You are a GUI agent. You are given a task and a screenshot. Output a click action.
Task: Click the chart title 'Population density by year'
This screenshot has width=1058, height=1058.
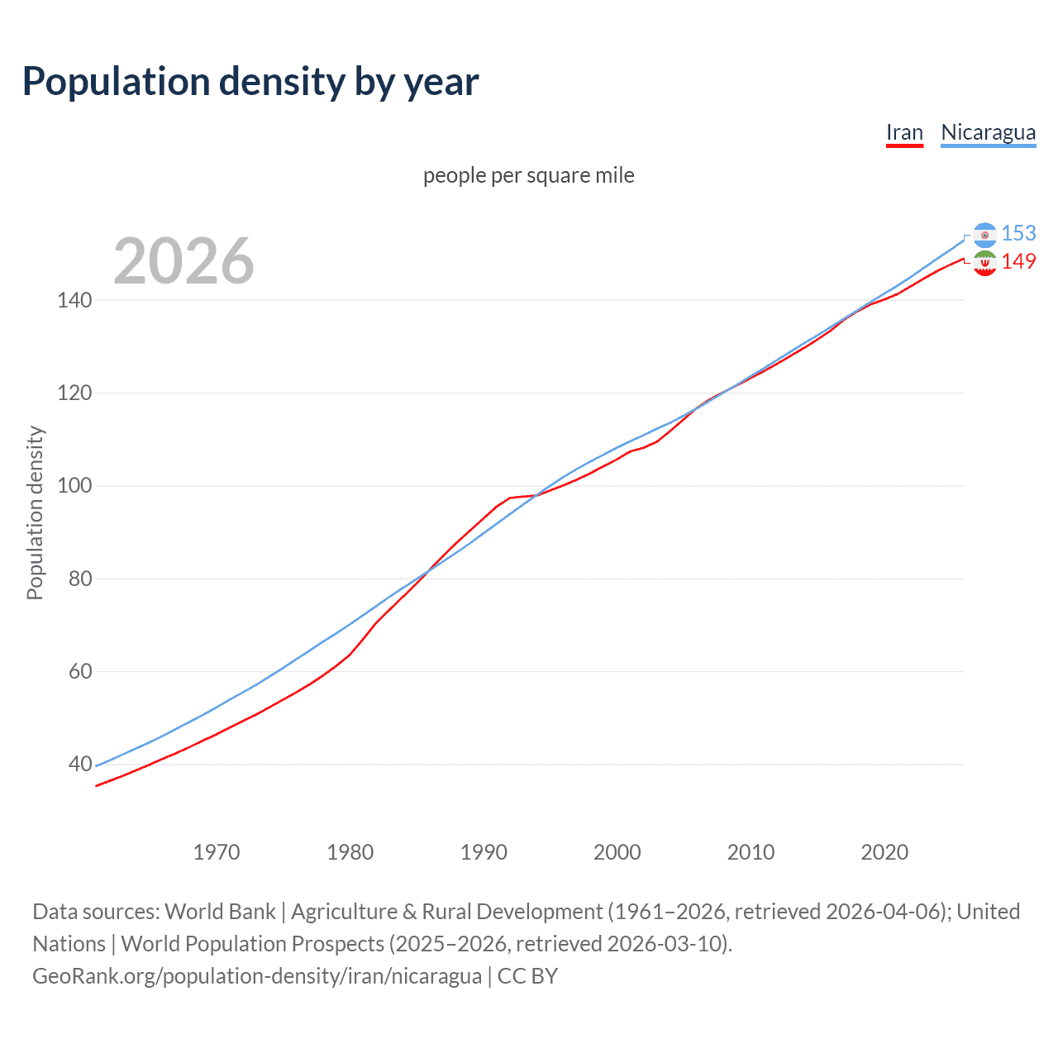click(250, 82)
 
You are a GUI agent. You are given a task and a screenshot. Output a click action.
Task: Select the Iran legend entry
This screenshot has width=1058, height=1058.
click(904, 132)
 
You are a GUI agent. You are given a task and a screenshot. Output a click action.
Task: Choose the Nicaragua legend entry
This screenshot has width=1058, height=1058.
click(988, 132)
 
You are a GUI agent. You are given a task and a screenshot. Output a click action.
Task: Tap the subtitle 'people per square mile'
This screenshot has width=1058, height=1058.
click(529, 175)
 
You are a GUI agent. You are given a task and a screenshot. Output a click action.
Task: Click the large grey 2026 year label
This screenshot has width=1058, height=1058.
click(183, 261)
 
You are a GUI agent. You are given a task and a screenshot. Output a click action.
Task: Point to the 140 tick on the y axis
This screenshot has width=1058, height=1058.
click(74, 300)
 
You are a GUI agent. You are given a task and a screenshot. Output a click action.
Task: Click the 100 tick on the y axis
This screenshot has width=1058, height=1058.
click(74, 485)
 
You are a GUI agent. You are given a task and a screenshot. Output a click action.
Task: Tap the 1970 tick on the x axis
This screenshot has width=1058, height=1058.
click(217, 852)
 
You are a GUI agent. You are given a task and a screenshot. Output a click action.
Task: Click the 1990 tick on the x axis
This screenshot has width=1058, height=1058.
click(484, 852)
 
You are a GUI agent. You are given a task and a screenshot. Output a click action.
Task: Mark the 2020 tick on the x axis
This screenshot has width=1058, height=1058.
click(884, 852)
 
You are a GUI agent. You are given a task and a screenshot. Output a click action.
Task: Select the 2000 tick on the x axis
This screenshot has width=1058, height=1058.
click(617, 852)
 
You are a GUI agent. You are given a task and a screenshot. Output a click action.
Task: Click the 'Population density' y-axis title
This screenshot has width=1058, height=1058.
click(35, 512)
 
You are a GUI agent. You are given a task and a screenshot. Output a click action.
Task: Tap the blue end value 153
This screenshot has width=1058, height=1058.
click(1018, 234)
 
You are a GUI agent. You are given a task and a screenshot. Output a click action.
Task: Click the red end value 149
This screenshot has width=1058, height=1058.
click(1018, 262)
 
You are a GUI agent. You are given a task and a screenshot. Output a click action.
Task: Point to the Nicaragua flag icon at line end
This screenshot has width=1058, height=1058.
click(984, 236)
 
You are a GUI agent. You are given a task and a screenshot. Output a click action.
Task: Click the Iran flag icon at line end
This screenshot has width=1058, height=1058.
click(984, 264)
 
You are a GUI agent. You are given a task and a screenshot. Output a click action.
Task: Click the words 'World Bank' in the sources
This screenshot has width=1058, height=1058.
click(220, 912)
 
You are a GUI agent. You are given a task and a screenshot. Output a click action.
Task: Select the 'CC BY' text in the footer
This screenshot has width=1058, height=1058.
click(527, 976)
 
